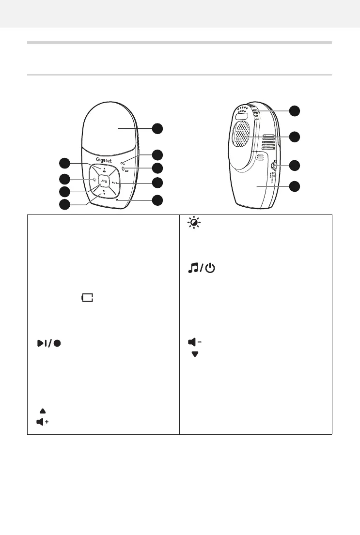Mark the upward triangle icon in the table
[42, 411]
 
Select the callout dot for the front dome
[157, 128]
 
